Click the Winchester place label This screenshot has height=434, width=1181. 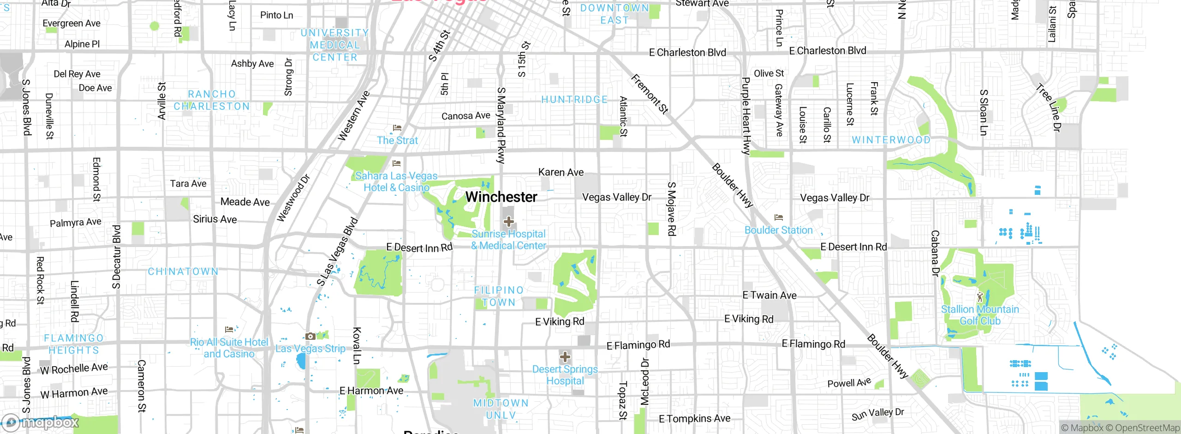tap(501, 197)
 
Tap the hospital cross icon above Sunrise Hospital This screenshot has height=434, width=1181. tap(509, 222)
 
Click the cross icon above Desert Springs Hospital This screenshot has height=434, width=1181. tap(565, 357)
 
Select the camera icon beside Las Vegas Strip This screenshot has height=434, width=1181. tap(310, 336)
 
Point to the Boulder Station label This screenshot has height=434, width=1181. tap(778, 230)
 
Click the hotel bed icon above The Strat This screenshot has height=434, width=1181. tap(397, 128)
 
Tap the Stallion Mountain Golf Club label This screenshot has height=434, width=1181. tap(980, 315)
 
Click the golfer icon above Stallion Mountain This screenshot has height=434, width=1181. tap(980, 297)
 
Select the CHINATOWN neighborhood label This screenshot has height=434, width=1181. tap(183, 271)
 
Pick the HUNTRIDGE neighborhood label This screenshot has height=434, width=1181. tap(574, 100)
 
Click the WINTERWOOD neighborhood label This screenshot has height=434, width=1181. tap(891, 140)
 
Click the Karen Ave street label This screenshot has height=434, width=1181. tap(561, 172)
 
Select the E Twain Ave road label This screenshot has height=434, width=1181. tap(769, 295)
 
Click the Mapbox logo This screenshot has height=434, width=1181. tap(41, 422)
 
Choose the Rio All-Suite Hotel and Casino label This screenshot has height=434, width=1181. tap(229, 348)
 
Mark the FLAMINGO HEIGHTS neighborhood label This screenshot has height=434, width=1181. tap(74, 344)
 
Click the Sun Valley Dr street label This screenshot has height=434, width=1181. tap(877, 414)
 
